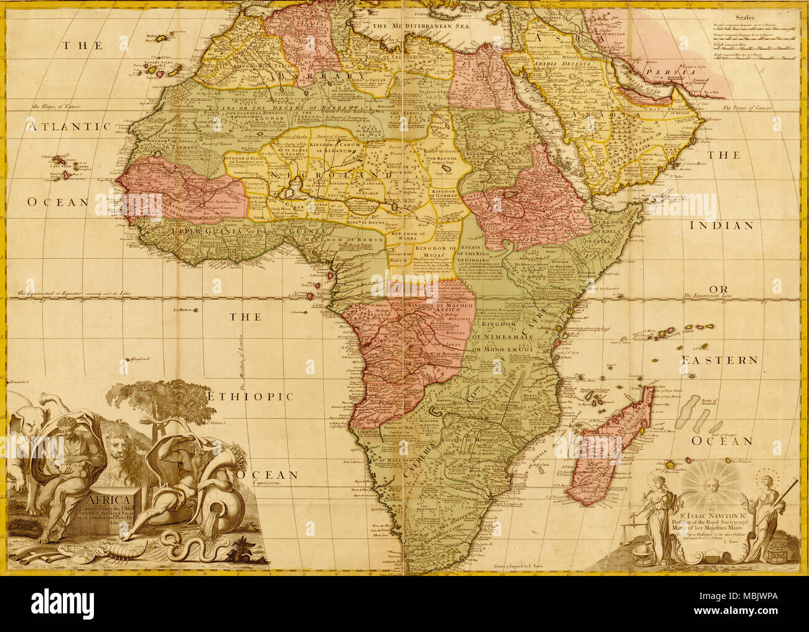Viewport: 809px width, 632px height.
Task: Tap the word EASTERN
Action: coord(719,361)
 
